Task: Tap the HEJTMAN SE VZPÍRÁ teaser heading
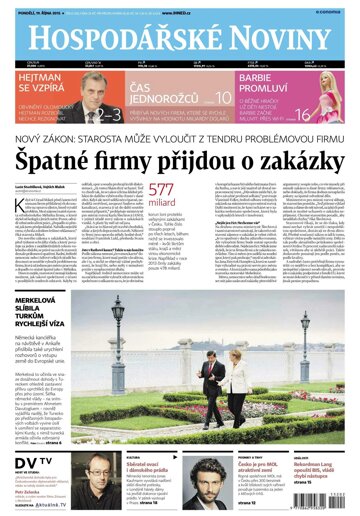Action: (41, 86)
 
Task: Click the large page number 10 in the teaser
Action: (223, 96)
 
